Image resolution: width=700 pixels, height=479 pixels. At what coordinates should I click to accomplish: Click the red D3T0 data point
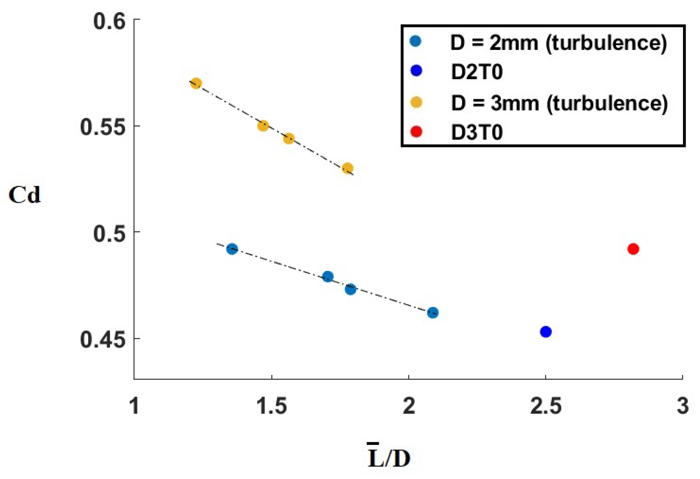point(633,249)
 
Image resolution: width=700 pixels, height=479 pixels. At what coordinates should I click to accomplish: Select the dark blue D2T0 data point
point(545,331)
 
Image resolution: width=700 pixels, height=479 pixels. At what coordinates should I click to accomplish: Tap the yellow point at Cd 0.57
point(196,83)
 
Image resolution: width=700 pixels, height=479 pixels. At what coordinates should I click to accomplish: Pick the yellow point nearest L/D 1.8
point(348,168)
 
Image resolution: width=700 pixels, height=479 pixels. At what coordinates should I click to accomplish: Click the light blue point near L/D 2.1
point(433,312)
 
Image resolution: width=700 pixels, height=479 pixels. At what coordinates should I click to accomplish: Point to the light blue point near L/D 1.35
point(232,249)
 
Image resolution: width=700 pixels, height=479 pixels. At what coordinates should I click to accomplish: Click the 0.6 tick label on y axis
point(109,21)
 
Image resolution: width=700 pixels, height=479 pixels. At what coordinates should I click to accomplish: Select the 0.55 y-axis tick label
point(102,127)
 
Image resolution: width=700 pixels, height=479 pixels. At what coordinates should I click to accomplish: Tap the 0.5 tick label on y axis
point(109,233)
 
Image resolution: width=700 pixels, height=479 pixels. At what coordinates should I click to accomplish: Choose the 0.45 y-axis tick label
point(102,340)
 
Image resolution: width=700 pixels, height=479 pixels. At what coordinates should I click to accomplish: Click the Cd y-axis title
point(24,195)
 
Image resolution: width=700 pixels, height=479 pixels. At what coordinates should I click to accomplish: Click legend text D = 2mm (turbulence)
point(558,43)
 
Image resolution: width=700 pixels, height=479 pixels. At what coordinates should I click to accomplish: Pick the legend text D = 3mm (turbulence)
point(559,103)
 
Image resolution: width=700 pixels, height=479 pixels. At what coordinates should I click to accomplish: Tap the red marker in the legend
point(416,132)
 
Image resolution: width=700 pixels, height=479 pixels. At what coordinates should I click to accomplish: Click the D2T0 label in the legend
point(476,72)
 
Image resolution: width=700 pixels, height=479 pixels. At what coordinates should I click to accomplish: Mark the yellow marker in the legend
point(416,102)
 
